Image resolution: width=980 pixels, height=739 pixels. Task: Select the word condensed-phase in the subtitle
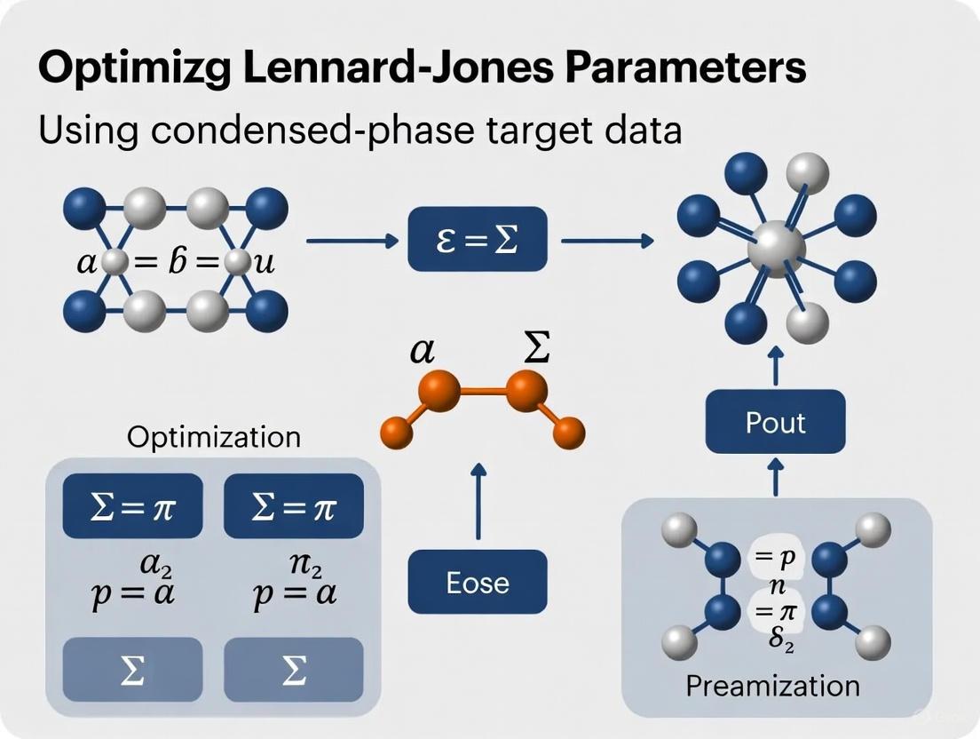click(329, 130)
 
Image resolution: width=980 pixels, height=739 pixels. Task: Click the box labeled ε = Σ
click(478, 240)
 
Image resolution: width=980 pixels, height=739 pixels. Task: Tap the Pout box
click(775, 422)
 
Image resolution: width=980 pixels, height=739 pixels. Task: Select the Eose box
click(478, 582)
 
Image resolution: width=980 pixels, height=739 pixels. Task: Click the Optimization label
click(213, 437)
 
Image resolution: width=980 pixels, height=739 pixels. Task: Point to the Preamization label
click(773, 686)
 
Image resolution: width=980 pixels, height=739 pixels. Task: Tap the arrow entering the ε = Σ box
click(352, 240)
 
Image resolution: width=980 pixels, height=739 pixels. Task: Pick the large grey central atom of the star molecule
click(775, 250)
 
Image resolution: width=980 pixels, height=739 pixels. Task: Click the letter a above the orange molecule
click(422, 352)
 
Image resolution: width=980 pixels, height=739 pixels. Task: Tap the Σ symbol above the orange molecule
click(535, 350)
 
